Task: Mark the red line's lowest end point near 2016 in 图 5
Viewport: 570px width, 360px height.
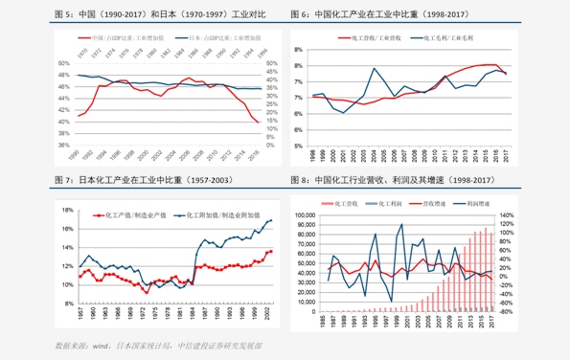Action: pyautogui.click(x=257, y=122)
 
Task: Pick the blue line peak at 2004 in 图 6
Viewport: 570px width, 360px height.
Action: pyautogui.click(x=374, y=68)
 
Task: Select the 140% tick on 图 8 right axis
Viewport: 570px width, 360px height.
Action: pyautogui.click(x=508, y=216)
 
